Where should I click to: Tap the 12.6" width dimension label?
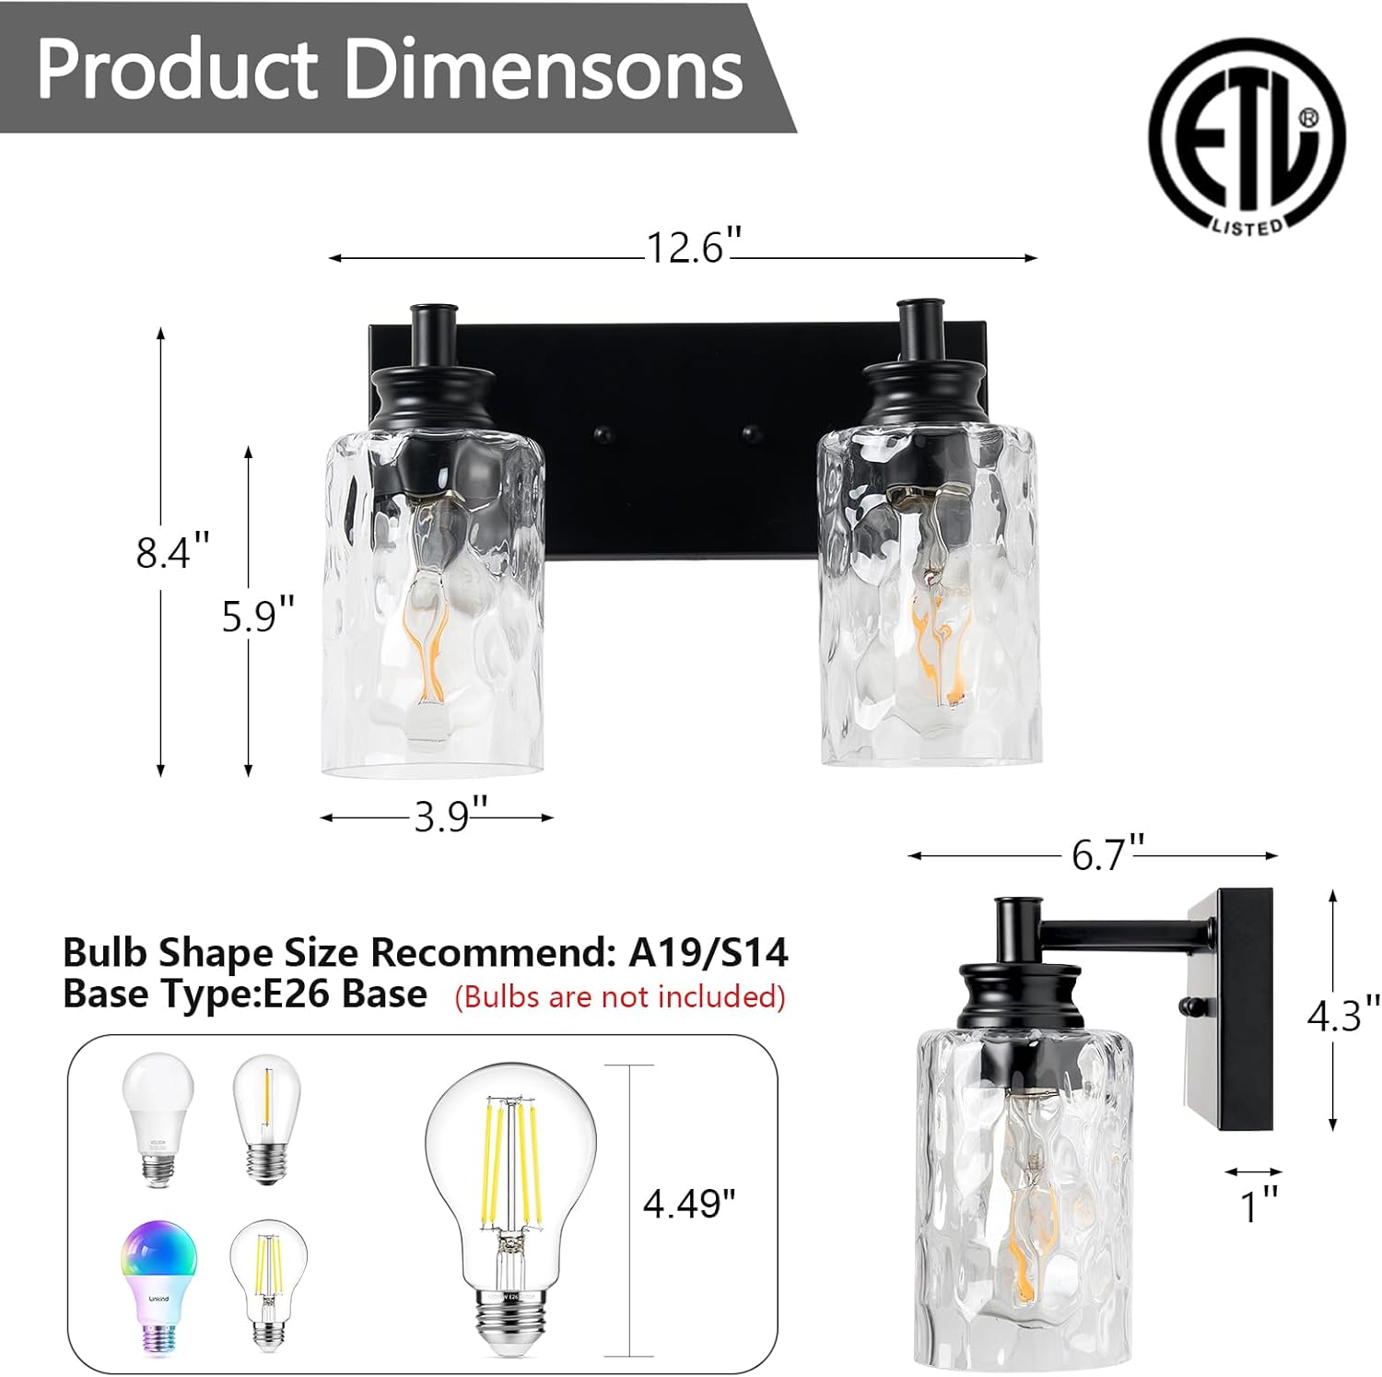tap(693, 248)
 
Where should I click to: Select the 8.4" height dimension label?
tap(172, 552)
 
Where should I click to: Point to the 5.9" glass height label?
tap(258, 615)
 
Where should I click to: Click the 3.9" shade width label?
tap(450, 817)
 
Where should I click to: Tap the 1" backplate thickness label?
tap(1259, 1206)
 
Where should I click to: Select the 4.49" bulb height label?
tap(689, 1204)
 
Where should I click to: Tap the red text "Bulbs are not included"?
tap(620, 996)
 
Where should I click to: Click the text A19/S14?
tap(708, 952)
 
